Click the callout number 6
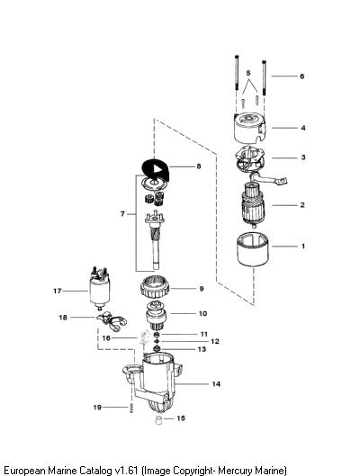(301, 76)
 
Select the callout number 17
(58, 291)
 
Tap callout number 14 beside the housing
(216, 384)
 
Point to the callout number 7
(122, 214)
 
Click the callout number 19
(97, 407)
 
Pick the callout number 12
(215, 342)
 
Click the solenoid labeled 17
(100, 288)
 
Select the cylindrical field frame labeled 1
(253, 250)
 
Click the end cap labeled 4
(249, 129)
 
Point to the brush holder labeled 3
(249, 161)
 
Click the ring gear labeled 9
(155, 287)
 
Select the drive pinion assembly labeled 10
(156, 317)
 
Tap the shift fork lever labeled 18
(111, 321)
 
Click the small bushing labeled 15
(158, 420)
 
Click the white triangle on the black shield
(157, 168)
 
